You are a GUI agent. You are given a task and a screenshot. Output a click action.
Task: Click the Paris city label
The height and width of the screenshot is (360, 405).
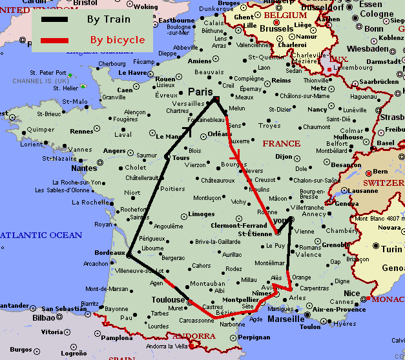pos(200,92)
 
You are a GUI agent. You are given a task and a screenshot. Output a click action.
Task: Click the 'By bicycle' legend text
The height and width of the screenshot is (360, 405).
pos(117,40)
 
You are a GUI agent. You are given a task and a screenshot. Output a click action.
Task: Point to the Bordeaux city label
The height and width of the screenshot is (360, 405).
pos(109,252)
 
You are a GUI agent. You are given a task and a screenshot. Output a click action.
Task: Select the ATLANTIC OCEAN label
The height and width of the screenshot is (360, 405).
pos(41,235)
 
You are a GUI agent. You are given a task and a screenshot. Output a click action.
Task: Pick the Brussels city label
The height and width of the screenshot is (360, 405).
pos(276,29)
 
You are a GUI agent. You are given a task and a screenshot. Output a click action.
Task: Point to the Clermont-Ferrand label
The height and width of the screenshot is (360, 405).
pos(239,226)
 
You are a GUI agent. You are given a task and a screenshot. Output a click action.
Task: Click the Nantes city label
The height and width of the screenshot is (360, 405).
pos(85,168)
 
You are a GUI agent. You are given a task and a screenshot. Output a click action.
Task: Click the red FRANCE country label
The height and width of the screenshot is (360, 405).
pos(282,143)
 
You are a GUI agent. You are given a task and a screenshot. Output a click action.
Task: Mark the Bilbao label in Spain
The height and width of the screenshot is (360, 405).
pos(44,317)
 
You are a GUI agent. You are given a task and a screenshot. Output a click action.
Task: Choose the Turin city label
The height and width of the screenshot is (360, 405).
pos(391,249)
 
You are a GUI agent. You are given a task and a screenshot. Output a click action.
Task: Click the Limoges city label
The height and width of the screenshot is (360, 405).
pos(202,214)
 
